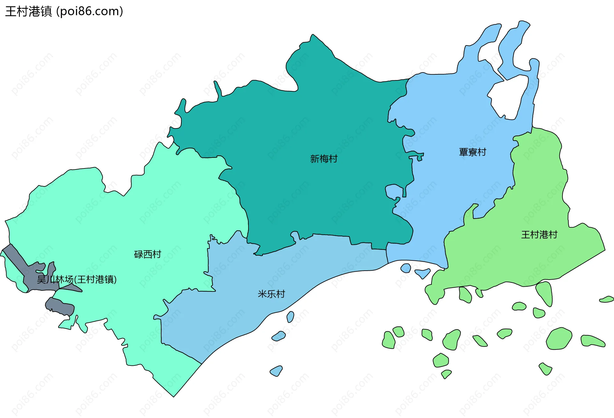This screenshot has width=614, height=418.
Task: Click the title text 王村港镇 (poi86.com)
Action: tap(64, 12)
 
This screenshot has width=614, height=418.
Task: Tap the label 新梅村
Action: tap(324, 159)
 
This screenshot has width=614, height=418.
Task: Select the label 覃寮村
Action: tap(472, 152)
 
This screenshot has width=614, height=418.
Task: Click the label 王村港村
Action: tap(539, 235)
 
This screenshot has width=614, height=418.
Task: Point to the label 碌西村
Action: tap(147, 254)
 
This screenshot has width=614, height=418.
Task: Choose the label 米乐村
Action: tap(271, 294)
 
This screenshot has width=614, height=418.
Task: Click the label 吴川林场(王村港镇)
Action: tap(77, 279)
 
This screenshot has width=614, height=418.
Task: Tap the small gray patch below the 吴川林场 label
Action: tap(60, 307)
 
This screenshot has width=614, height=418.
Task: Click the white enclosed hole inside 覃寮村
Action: tap(508, 96)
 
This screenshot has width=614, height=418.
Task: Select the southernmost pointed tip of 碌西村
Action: tap(174, 396)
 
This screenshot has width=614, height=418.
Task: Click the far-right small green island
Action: tap(607, 299)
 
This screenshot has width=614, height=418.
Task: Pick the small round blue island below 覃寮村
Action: tap(406, 268)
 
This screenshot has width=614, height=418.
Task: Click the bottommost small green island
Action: tap(446, 374)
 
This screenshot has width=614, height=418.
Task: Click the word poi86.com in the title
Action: tap(90, 12)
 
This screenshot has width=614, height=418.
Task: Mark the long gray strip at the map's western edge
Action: tap(14, 256)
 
